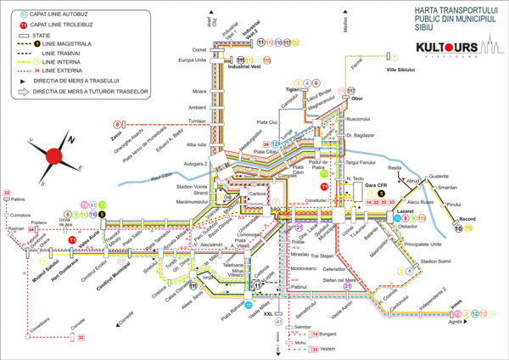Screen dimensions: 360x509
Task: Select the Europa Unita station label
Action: click(193, 60)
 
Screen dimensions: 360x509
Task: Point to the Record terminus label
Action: click(467, 219)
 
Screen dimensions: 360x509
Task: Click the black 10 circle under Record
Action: click(459, 228)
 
